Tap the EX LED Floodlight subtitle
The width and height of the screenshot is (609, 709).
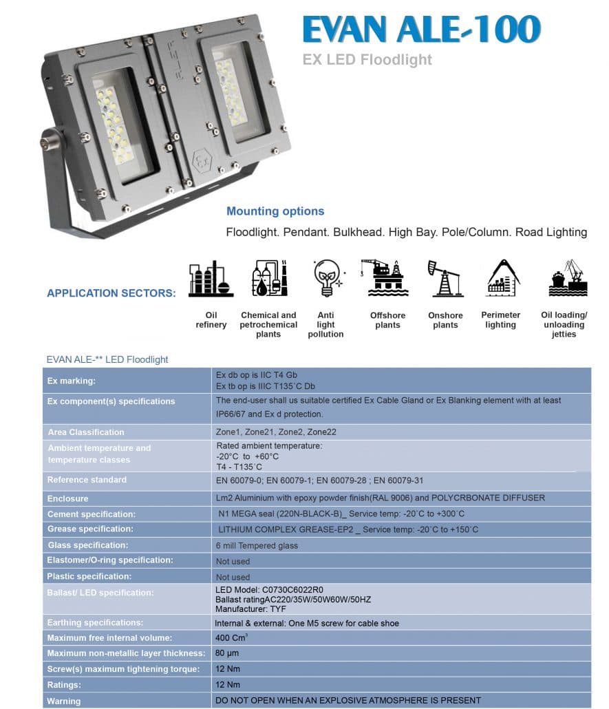367,60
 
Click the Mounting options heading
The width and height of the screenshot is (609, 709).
275,211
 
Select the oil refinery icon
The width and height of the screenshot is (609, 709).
211,279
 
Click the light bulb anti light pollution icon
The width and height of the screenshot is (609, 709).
325,279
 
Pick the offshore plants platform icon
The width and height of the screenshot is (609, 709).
387,278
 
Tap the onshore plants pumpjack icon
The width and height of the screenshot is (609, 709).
445,279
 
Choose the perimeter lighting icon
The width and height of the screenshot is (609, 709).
501,279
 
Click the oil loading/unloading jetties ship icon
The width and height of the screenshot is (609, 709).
567,279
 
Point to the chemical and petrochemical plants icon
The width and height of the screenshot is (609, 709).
269,279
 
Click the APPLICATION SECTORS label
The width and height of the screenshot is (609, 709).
111,293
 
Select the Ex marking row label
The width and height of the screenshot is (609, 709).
72,381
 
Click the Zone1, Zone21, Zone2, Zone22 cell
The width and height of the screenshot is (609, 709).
264,432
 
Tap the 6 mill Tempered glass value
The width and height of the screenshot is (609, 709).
257,546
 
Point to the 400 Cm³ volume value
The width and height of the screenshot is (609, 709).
231,638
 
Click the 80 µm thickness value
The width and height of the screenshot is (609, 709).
227,653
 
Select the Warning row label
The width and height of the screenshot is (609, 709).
64,701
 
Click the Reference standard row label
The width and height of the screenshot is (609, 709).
87,480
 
